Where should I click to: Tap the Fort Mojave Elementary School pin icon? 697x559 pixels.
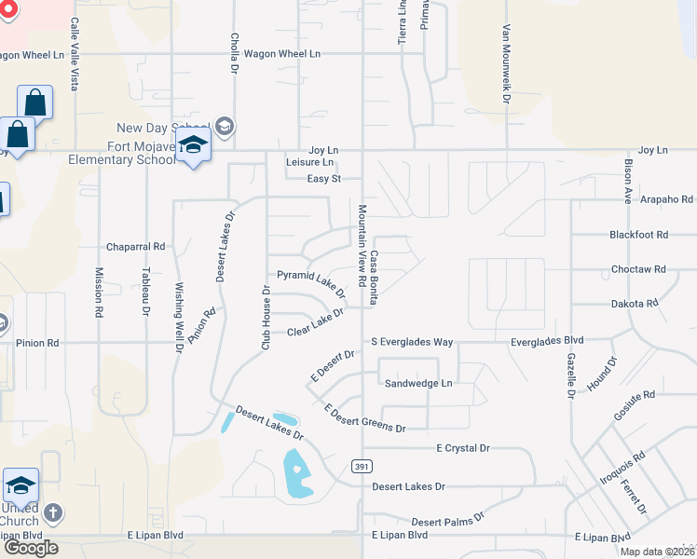tap(193, 146)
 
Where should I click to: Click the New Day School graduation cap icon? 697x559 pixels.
tap(224, 127)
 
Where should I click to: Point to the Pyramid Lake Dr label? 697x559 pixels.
tap(311, 279)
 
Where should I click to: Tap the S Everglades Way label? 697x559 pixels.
tap(412, 342)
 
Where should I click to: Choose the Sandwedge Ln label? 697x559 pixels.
tap(418, 383)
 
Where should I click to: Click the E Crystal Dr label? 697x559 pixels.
tap(463, 448)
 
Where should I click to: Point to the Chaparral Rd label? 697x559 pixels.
tap(135, 247)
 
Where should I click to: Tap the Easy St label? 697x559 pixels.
tap(324, 178)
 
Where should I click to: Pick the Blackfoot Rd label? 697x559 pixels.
tap(639, 235)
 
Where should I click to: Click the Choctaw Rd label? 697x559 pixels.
tap(640, 269)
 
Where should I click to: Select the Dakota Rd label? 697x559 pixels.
tap(634, 303)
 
